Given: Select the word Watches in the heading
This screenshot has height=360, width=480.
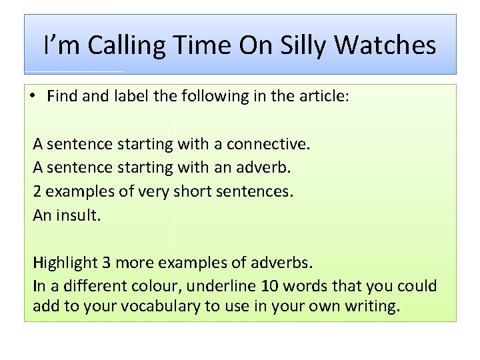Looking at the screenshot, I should click(x=385, y=45).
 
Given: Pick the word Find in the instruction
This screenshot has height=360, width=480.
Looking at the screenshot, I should click(x=63, y=95).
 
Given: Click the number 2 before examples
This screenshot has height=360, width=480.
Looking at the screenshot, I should click(x=37, y=191).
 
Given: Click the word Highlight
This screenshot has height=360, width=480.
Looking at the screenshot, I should click(x=72, y=263).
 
